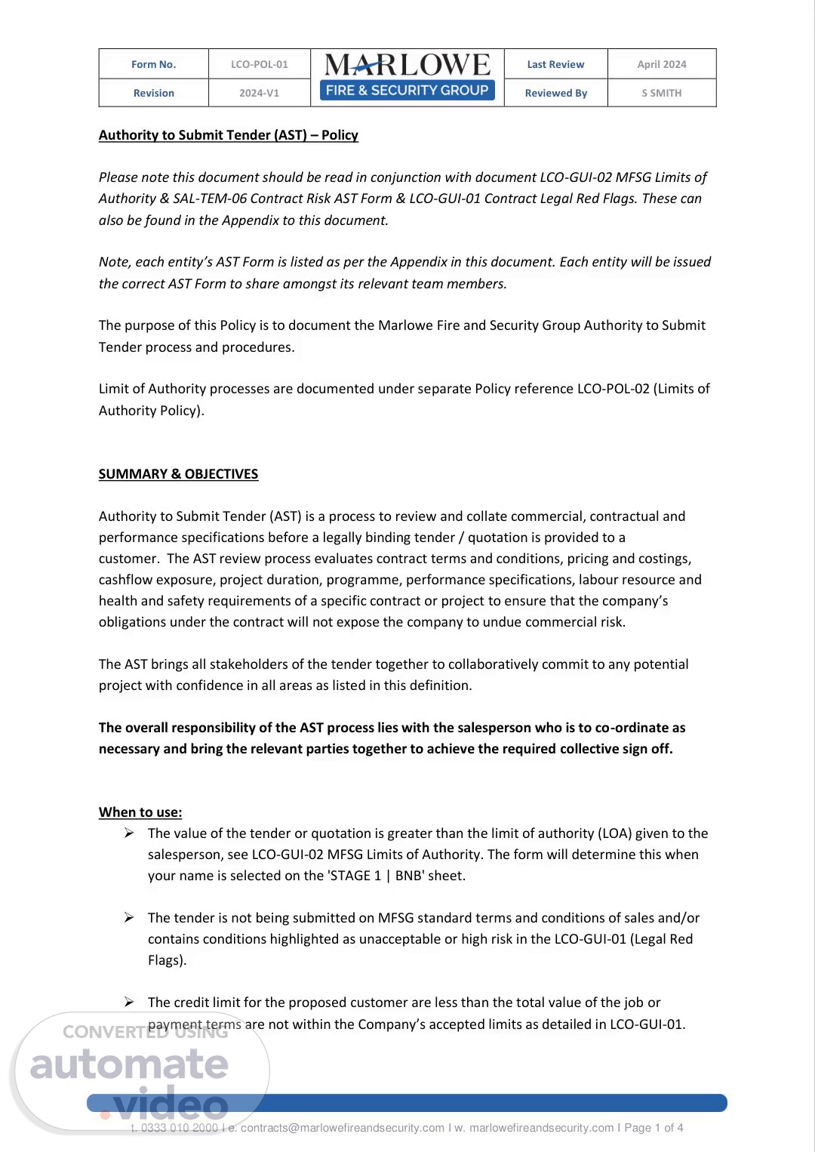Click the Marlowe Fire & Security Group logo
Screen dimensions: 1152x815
[407, 77]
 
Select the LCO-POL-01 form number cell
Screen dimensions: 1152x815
[259, 64]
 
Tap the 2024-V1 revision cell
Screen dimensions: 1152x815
[259, 93]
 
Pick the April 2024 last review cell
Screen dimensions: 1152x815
[662, 64]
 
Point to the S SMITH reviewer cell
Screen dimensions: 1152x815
[662, 93]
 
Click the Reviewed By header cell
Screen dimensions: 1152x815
[555, 93]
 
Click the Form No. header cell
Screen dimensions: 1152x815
[153, 64]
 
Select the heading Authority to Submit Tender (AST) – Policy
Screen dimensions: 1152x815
[228, 135]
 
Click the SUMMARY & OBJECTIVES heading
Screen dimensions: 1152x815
[178, 474]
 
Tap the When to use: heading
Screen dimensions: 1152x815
[140, 812]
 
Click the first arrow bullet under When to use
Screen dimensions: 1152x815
[130, 833]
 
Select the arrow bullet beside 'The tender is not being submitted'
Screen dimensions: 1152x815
[130, 918]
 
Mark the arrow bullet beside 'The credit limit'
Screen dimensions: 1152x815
[130, 1003]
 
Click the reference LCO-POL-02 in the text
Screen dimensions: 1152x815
[613, 389]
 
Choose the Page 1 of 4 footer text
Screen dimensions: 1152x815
[654, 1128]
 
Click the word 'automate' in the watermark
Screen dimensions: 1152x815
[129, 1064]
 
